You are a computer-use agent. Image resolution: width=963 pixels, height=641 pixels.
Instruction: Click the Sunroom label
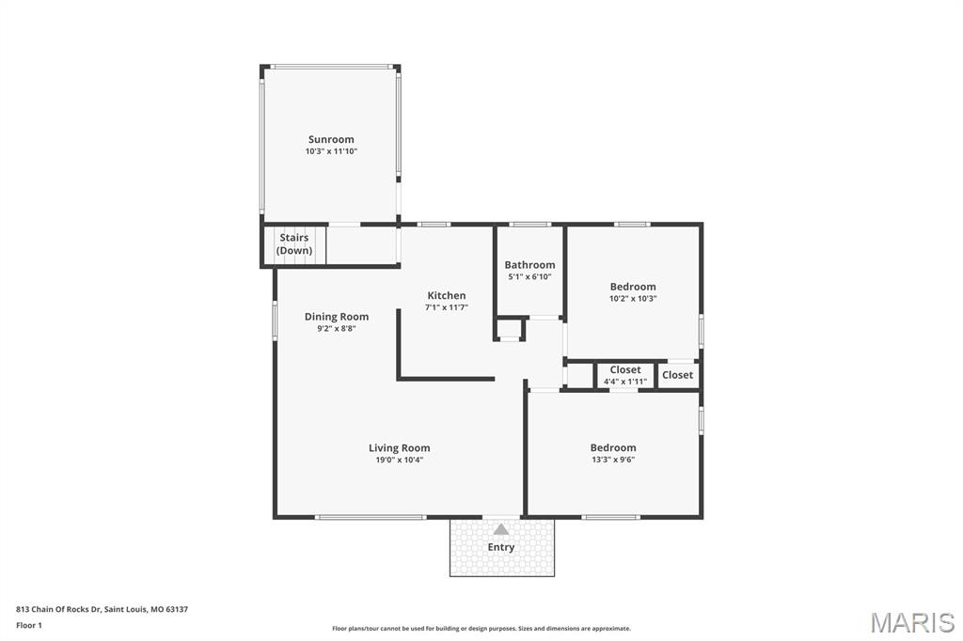[x=331, y=139]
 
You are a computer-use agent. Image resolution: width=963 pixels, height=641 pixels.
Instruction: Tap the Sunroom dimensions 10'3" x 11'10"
[x=331, y=151]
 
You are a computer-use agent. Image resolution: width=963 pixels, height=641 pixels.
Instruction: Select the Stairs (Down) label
[x=294, y=243]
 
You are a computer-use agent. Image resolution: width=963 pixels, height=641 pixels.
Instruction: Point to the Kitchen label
[x=447, y=295]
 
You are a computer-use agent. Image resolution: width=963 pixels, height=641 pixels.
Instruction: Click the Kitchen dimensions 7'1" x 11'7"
[x=447, y=307]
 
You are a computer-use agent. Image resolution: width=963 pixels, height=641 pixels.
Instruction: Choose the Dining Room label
[x=337, y=317]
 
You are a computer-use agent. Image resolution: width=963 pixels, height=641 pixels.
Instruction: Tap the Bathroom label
[x=529, y=265]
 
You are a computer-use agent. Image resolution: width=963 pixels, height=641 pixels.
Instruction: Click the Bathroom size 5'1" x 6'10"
[x=529, y=276]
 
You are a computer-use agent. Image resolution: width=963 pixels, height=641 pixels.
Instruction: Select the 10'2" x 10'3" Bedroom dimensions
[x=633, y=298]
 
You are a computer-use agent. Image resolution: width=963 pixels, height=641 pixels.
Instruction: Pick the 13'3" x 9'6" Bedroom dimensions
[x=613, y=460]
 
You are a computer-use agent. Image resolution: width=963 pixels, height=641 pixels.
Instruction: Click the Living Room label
[x=399, y=448]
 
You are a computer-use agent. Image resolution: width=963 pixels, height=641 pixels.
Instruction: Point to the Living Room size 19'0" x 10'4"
[x=399, y=460]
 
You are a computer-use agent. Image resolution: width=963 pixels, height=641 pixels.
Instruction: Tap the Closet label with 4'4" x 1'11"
[x=625, y=369]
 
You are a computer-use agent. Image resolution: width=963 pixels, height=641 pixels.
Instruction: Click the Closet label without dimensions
[x=677, y=374]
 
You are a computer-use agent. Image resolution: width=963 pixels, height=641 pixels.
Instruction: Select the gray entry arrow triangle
[x=501, y=529]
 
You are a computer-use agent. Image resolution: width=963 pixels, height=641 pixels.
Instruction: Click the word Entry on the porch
[x=501, y=547]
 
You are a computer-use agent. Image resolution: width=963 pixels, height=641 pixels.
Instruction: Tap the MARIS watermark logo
[x=912, y=622]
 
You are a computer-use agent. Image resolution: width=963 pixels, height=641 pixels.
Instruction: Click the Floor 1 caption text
[x=29, y=626]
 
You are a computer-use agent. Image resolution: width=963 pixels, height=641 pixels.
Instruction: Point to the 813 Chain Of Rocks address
[x=102, y=610]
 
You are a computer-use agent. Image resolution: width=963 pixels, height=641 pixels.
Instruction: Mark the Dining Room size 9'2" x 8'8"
[x=337, y=328]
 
